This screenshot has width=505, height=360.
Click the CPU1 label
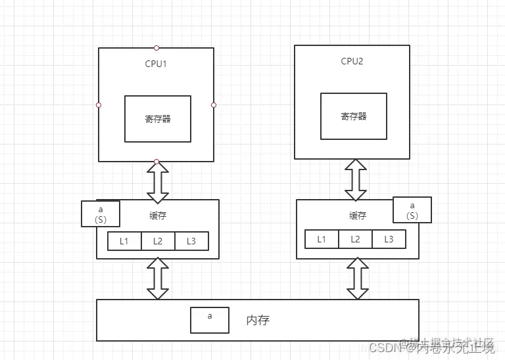point(157,64)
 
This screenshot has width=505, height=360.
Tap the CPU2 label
point(352,61)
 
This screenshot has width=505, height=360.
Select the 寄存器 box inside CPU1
point(158,119)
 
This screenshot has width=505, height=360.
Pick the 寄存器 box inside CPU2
point(354,116)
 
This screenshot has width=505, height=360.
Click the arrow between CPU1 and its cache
point(158,181)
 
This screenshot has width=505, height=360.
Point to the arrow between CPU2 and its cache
point(356,179)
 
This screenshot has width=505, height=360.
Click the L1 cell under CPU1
point(125,241)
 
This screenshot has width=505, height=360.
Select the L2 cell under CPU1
point(158,241)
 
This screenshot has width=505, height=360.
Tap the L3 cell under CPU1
point(191,241)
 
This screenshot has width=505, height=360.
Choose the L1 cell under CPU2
point(322,239)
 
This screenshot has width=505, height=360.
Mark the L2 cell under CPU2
point(355,239)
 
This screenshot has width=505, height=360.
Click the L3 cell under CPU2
point(389,239)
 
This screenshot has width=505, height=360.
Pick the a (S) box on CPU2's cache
point(412,210)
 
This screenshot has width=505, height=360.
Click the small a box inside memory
point(210,320)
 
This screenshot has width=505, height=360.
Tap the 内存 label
point(258,321)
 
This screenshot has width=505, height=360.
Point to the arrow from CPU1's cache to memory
point(158,279)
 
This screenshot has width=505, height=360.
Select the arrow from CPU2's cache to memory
point(357,279)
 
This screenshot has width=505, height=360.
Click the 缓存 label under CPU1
point(158,215)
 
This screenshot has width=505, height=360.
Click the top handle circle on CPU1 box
point(156,48)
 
